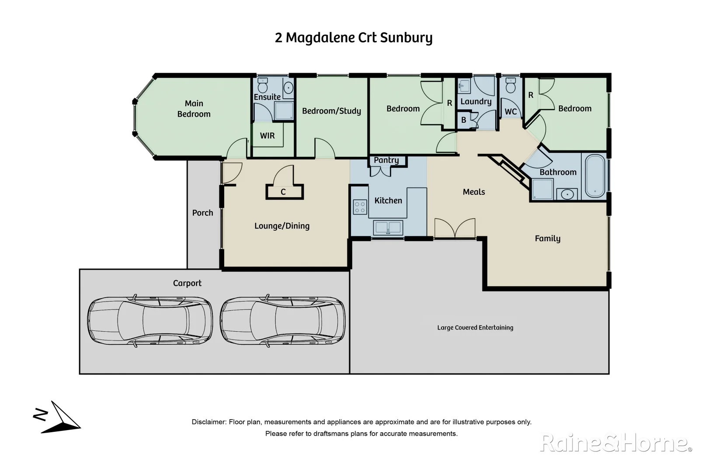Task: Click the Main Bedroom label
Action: [x=194, y=109]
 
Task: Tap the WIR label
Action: [x=267, y=135]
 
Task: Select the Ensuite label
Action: [x=267, y=97]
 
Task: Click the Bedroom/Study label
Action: [x=331, y=111]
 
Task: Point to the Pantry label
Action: [x=386, y=160]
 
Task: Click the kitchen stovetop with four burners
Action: [x=360, y=207]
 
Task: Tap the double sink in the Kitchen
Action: [x=388, y=228]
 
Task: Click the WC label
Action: [x=510, y=112]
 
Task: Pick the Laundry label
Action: [x=476, y=102]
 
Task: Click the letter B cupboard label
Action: [x=464, y=120]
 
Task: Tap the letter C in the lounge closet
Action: [x=283, y=192]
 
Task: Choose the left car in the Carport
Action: [x=150, y=321]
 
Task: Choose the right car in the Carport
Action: [x=283, y=321]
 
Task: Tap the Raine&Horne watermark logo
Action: [x=616, y=443]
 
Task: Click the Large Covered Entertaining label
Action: [x=475, y=327]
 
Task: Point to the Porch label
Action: [x=203, y=213]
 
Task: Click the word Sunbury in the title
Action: [x=406, y=38]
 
